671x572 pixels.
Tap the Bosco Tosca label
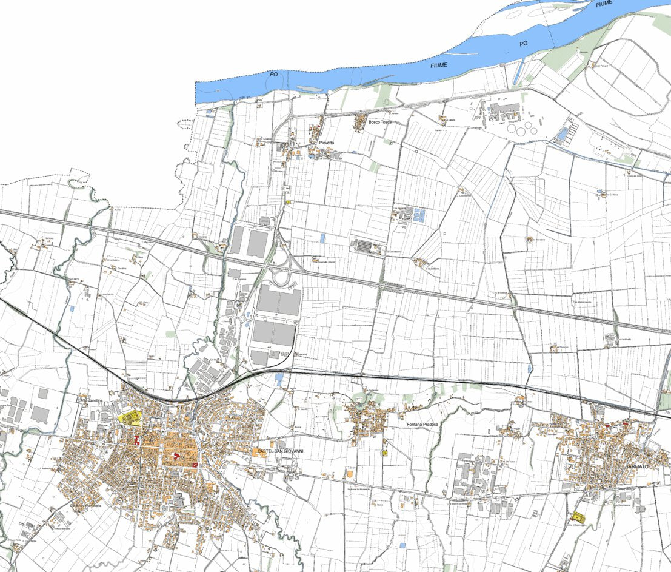380,122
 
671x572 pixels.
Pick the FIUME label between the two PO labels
439,64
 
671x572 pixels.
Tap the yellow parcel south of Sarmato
578,517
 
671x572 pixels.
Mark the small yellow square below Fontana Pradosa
384,453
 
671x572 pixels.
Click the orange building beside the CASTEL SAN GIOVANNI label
256,452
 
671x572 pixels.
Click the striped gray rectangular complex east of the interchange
366,246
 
